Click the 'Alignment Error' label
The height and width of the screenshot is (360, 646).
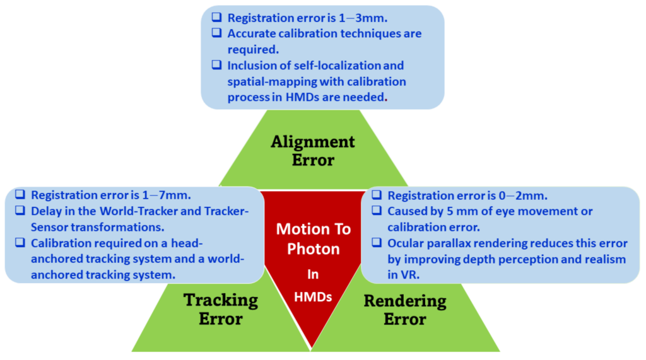[x=313, y=150]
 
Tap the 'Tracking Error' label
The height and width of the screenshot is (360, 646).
[x=220, y=309]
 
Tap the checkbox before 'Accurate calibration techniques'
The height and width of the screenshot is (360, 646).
[x=216, y=34]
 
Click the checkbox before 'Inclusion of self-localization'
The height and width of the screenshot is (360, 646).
[x=216, y=66]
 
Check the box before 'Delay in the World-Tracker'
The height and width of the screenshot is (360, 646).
[x=20, y=211]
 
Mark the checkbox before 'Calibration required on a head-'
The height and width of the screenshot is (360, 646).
[x=20, y=243]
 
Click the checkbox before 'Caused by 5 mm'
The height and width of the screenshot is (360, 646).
[x=376, y=212]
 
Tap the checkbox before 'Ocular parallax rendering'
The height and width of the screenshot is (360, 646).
[x=376, y=243]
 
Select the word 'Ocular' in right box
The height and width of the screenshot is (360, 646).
[x=407, y=243]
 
